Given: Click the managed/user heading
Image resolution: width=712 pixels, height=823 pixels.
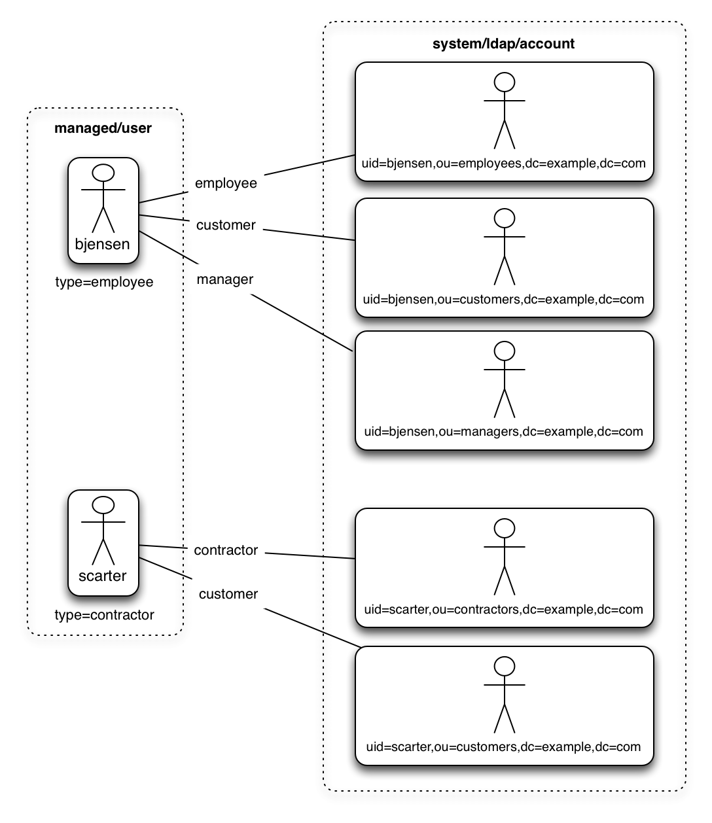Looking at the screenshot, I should point(103,128).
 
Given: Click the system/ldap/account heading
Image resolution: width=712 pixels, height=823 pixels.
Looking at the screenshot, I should point(503,44).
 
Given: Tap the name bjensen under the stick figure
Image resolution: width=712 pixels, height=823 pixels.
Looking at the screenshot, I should point(103,244).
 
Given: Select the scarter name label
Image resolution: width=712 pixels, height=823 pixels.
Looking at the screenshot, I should point(103,576).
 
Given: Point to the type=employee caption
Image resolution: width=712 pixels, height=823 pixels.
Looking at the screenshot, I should point(104,282).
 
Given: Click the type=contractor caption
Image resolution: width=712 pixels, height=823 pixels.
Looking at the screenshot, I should point(104,615).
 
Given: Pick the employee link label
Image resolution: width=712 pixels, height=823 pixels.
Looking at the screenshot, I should point(226,183).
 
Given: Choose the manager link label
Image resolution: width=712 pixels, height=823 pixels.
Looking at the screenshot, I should point(225,279).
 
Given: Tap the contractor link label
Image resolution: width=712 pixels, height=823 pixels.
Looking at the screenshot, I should point(226,550).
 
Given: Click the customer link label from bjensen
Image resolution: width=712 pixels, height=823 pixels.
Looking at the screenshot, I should point(226,225).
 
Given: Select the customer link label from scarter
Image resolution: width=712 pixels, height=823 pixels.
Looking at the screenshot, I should point(228,594).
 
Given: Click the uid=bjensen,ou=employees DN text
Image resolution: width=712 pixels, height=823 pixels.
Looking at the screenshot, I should point(503,164).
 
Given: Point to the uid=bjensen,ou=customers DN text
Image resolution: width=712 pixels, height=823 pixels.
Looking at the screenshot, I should point(503,300).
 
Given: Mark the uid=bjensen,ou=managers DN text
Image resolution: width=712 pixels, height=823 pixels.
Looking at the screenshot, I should point(503,432).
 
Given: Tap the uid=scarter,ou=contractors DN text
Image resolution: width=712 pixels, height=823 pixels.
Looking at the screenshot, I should point(503,610).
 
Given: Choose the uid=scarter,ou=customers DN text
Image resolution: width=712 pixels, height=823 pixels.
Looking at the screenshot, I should point(503,747).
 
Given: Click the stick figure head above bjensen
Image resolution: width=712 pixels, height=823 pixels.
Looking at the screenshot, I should point(103,173).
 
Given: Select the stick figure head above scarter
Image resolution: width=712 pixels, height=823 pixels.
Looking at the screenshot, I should point(103,505).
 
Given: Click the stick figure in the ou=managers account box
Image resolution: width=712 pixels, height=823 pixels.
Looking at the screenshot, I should point(505,379).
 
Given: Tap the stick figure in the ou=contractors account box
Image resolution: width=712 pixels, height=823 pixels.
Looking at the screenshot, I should point(505,557).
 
